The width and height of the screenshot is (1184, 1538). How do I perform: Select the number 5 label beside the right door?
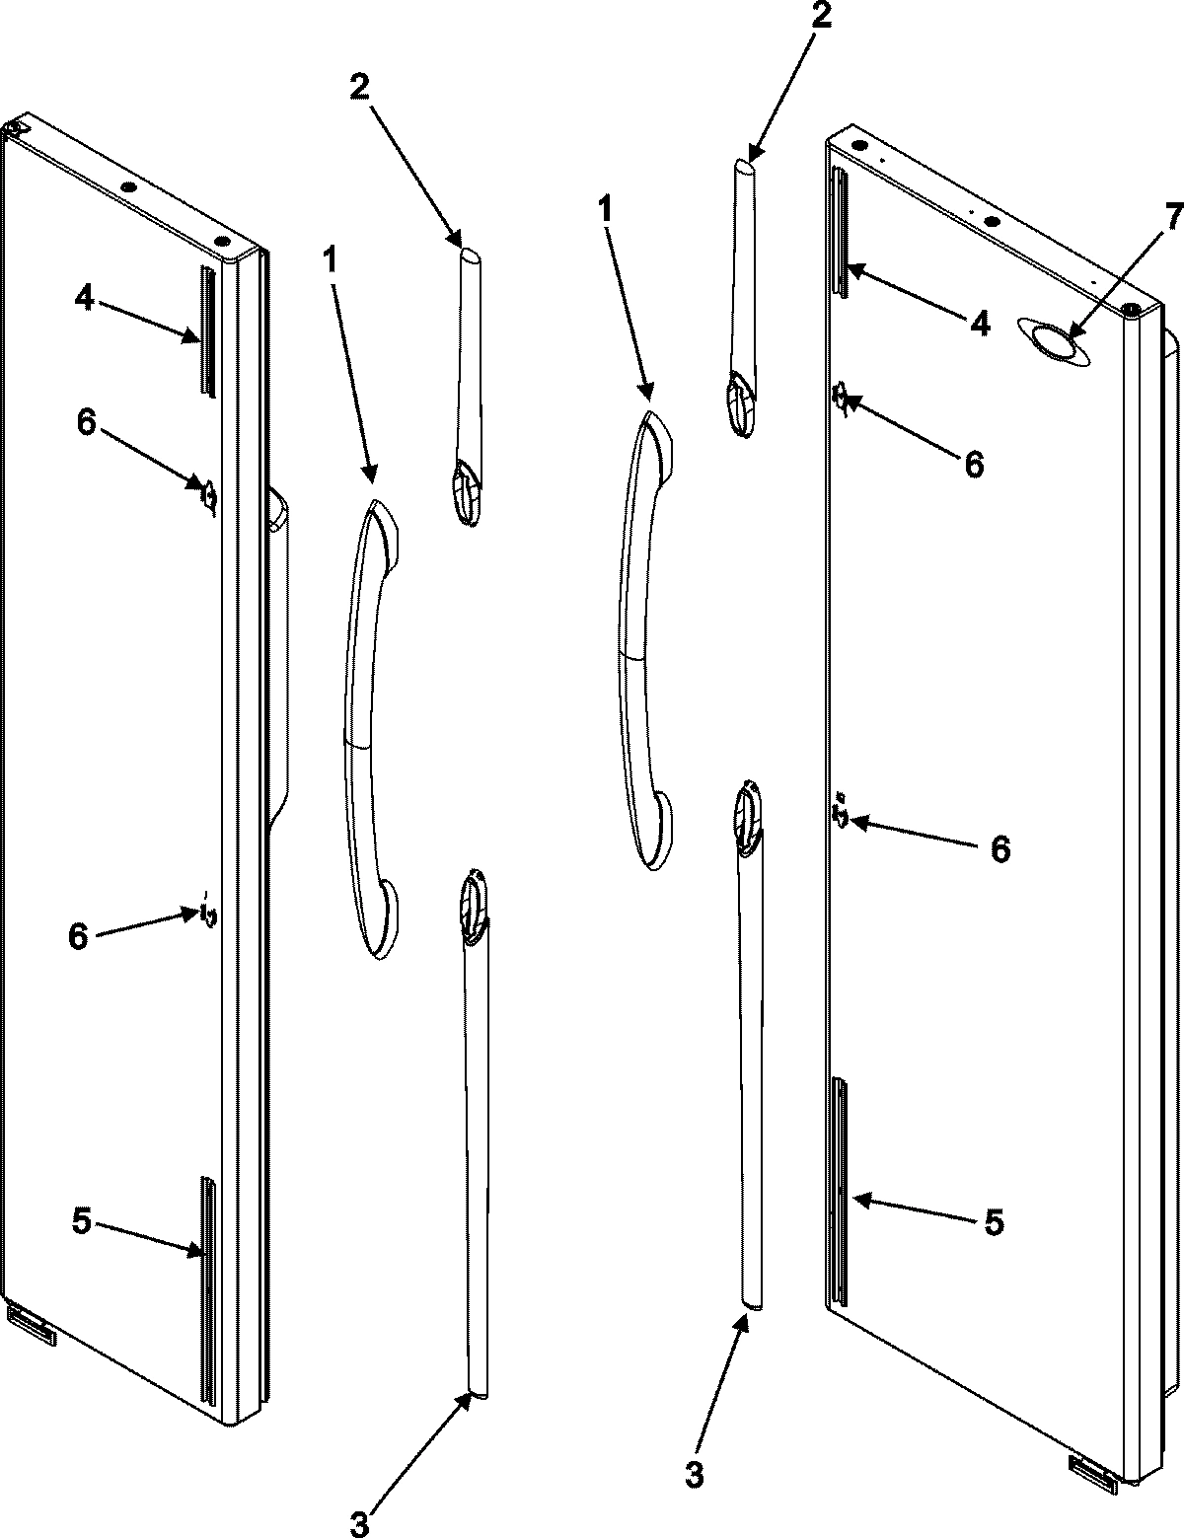(993, 1222)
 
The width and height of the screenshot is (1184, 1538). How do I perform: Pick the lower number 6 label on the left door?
(77, 935)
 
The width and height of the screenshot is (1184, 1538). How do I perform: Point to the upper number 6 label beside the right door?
(974, 464)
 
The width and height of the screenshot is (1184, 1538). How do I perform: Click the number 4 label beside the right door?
(978, 322)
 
